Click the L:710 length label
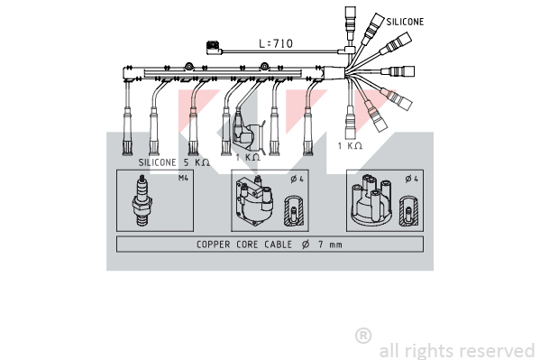point(276,44)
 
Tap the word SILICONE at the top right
point(405,22)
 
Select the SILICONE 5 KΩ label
point(174,162)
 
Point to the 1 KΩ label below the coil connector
point(248,157)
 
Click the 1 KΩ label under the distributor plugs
point(350,146)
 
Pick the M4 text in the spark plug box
point(183,178)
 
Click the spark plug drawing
point(142,200)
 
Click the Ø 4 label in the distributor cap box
point(412,179)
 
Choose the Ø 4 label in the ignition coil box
point(297,179)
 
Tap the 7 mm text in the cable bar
point(330,245)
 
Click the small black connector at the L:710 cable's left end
point(214,48)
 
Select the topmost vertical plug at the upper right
point(351,23)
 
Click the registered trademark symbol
point(363,336)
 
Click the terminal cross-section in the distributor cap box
point(408,211)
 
